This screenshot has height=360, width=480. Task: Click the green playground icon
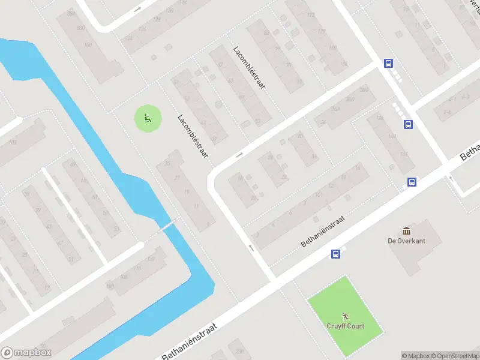coord(147,118)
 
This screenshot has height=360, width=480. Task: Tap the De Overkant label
coord(406,241)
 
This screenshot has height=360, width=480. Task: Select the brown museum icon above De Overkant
coord(407,231)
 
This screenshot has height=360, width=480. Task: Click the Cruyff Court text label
coord(344,326)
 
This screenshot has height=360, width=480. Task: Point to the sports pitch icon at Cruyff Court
coord(344,316)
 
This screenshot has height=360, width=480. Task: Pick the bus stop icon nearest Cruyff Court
coord(335,254)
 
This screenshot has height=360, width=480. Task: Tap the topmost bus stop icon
coord(389,63)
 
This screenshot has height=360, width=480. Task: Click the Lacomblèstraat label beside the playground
coord(193,136)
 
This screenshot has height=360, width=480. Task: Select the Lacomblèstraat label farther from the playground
coord(249,68)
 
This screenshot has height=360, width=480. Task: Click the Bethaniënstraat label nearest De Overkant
coord(325,232)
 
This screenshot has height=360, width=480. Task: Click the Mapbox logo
coord(26,353)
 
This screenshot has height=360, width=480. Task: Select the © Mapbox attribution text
coord(415,356)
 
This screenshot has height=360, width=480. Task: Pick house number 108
coord(124,277)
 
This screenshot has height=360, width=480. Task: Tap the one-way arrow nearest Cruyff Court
coord(251,247)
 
